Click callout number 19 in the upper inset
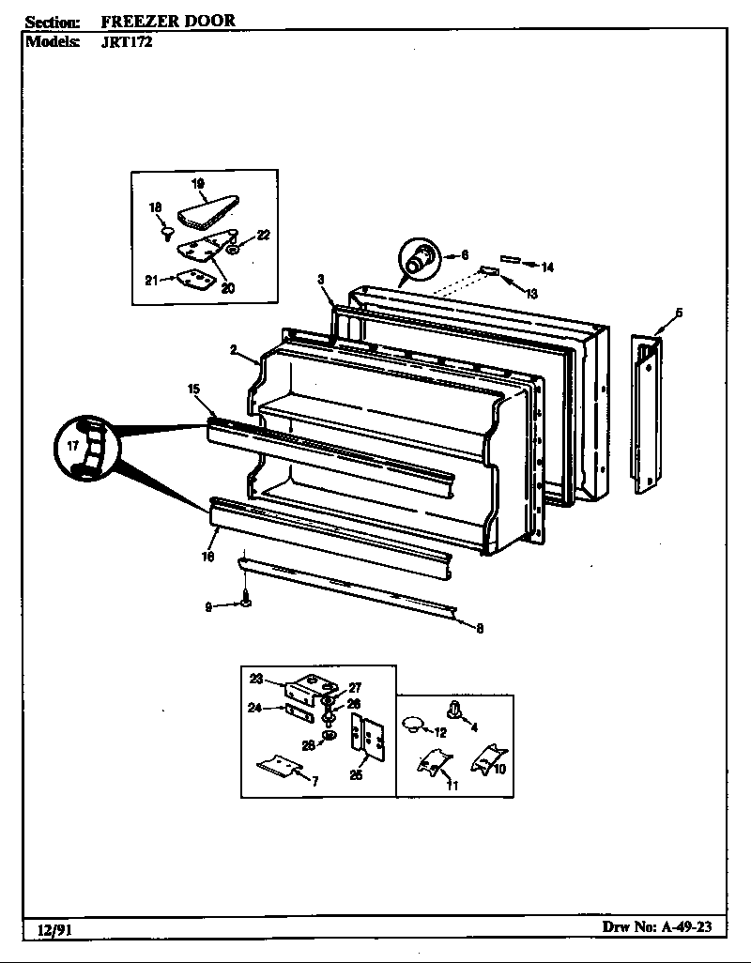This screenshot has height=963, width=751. (198, 183)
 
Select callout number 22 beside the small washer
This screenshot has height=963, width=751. (264, 236)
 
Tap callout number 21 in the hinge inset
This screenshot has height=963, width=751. (150, 279)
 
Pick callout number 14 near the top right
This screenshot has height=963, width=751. (547, 267)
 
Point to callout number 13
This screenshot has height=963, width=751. (530, 294)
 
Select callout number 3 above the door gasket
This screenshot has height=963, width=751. (320, 279)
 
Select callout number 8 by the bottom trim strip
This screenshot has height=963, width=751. (480, 629)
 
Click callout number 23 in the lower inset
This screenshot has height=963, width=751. (256, 678)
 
